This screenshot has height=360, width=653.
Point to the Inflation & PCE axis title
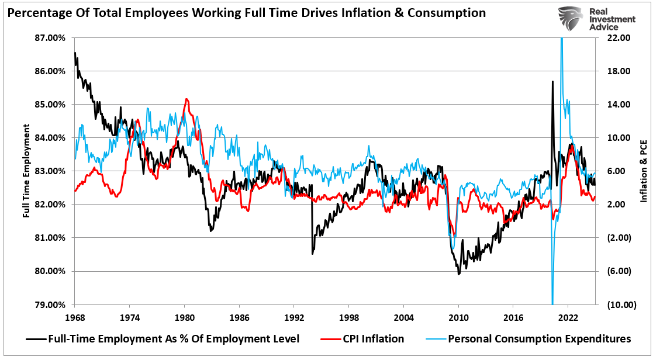644,171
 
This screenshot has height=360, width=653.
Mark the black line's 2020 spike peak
552,81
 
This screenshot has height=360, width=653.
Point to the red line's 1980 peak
186,99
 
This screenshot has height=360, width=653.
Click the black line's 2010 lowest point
459,274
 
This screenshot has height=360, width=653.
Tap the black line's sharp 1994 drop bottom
313,253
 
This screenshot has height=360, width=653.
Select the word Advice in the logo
604,27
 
